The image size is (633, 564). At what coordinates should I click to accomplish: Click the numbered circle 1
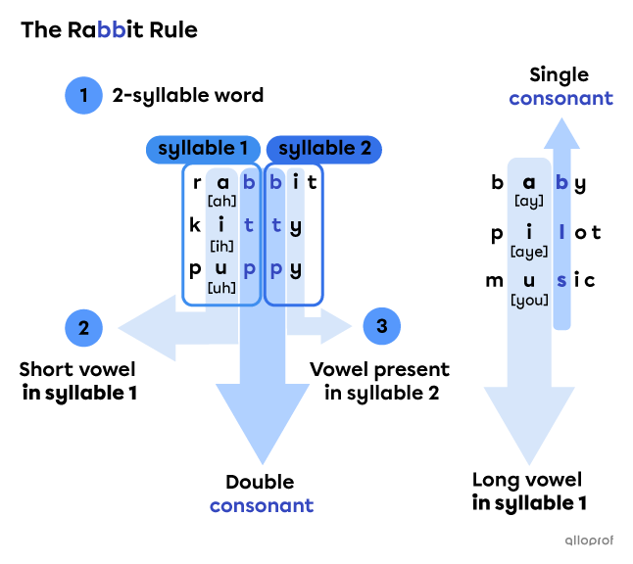[83, 96]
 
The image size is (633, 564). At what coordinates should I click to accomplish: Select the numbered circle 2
[83, 327]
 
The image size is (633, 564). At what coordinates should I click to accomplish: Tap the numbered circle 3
[381, 326]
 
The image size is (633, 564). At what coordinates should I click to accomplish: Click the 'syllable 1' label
[203, 149]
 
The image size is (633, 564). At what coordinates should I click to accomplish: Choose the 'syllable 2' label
[324, 149]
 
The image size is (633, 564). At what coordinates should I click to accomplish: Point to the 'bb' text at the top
[112, 30]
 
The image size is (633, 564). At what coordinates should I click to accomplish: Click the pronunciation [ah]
[221, 201]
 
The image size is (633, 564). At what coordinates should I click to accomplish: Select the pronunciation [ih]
[221, 245]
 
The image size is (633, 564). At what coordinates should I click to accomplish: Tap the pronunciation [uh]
[221, 288]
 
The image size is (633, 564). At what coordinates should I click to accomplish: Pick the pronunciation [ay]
[529, 201]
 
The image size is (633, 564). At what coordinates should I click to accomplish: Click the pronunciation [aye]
[529, 252]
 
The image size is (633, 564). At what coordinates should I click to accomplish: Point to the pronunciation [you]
[529, 301]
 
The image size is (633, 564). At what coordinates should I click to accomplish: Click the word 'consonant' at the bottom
[262, 505]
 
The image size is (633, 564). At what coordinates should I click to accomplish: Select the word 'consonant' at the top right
[560, 98]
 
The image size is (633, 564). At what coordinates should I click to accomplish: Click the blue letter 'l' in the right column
[561, 232]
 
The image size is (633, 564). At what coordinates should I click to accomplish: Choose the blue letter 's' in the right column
[561, 281]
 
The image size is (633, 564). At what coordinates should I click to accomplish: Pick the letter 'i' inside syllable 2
[296, 181]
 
